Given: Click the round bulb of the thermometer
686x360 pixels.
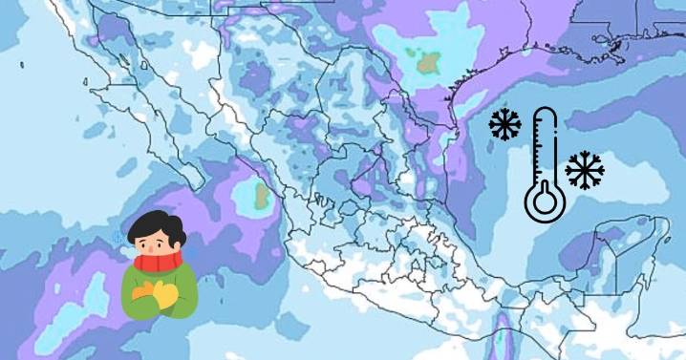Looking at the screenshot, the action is [x=545, y=202].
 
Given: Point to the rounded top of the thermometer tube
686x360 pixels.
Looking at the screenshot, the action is [x=546, y=112].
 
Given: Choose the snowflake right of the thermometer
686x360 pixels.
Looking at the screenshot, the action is [x=584, y=169].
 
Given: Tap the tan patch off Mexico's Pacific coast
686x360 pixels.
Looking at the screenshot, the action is [x=258, y=198].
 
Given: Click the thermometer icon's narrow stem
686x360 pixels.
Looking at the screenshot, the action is [x=546, y=148].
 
